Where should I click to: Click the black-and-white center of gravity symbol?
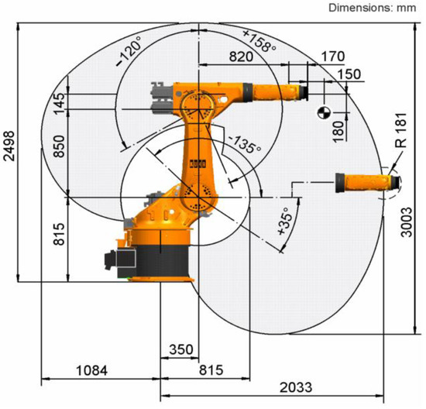coord(324,112)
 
